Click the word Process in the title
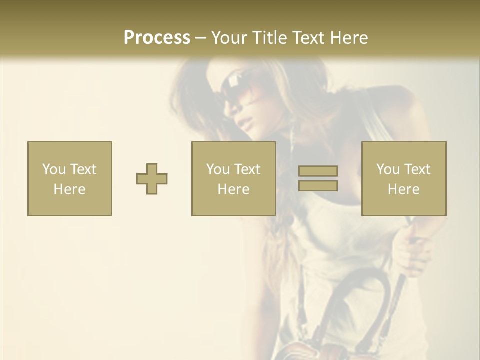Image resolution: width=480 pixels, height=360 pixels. (x=157, y=38)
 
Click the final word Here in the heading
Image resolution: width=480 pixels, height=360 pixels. (x=349, y=38)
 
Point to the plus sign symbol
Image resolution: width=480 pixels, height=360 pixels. (x=152, y=179)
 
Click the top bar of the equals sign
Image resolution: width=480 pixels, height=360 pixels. (x=318, y=171)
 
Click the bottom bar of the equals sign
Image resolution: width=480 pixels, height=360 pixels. (x=318, y=186)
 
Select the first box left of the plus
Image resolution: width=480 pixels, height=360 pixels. (x=69, y=178)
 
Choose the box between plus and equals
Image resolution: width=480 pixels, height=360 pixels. (x=233, y=178)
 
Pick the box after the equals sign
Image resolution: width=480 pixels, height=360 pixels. (x=403, y=178)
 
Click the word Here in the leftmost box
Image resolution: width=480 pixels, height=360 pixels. (x=69, y=189)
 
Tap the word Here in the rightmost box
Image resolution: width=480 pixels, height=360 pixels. (x=403, y=189)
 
